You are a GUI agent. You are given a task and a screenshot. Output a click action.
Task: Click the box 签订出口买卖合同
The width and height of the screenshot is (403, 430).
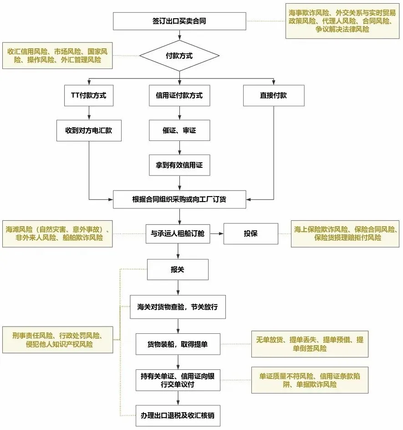179,21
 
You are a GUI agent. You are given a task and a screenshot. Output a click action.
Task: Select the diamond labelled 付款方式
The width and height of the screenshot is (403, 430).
179,56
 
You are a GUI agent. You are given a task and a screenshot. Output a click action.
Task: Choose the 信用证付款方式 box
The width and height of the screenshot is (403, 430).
179,96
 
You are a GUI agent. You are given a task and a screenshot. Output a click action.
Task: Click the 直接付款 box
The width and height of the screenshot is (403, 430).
273,96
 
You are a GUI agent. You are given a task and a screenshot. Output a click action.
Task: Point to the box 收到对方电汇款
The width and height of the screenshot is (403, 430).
89,130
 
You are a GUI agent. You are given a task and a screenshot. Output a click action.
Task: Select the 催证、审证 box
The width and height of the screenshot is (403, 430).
179,130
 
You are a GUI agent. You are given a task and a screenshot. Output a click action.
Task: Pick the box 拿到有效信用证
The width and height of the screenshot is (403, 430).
179,165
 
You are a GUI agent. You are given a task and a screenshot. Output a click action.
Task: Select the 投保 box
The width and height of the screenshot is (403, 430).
250,234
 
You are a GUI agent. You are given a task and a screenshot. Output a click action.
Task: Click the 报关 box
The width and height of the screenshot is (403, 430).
178,269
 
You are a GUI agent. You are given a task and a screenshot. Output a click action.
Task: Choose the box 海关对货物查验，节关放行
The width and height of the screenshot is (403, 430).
178,307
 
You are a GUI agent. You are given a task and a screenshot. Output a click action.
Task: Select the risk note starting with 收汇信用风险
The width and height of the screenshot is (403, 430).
57,56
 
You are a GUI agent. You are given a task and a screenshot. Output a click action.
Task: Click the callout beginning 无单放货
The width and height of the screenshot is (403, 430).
310,344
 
